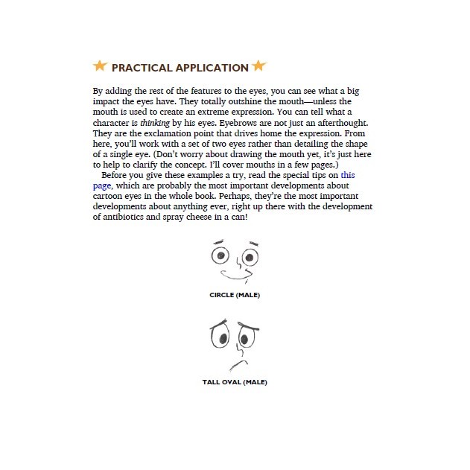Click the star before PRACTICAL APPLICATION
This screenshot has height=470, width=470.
pos(101,66)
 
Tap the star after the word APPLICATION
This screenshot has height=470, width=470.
pos(258,66)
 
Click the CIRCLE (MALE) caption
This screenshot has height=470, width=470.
pos(235,295)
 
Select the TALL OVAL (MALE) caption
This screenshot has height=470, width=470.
pos(235,382)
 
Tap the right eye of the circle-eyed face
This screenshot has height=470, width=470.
pos(250,258)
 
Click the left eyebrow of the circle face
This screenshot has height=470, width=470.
pos(218,241)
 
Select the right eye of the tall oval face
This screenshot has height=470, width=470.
pos(245,340)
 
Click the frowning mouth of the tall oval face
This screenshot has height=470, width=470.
pos(238,364)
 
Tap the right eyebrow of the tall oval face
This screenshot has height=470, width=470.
pos(249,325)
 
